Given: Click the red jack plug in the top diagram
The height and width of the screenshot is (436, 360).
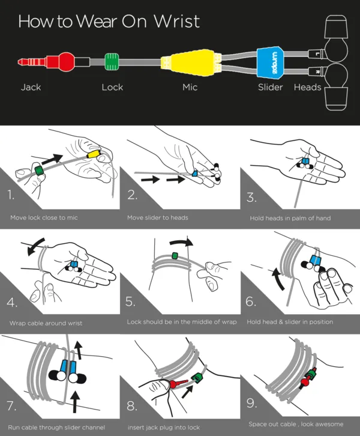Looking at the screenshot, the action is pos(47,61).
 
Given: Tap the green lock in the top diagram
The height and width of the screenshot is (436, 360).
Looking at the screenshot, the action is pos(112,62).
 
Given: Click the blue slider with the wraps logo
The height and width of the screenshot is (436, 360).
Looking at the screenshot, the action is pos(270,62).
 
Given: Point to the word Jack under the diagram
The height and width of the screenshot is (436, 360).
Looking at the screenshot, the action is pos(31,87).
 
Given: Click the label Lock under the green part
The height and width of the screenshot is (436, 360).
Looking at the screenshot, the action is pos(112,87).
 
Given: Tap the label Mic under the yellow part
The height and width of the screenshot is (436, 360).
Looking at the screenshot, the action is pos(190,87).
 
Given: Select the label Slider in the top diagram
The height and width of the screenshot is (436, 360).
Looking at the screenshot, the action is pos(270,87).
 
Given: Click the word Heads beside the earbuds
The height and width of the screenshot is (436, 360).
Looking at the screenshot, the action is pos(307,87).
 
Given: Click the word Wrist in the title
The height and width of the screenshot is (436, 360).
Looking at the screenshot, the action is pos(177,21).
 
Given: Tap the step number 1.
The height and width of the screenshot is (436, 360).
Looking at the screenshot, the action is pos(11,195).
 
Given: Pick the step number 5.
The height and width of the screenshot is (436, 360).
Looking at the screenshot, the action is pos(130,301).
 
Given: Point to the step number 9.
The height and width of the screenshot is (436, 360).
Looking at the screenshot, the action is pos(251,403).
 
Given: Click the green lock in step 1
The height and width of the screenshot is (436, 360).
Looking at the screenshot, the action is pos(40,170).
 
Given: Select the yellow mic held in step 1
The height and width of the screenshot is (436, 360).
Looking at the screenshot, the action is pos(94,154).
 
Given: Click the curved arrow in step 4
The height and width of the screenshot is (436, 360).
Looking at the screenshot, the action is pos(34,246).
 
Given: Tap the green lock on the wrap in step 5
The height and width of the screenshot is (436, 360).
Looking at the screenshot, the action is pos(175,255).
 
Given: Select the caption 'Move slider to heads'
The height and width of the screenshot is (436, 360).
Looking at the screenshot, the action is pos(157,218).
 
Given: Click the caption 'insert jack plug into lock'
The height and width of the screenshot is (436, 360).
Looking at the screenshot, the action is pos(164,428).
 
